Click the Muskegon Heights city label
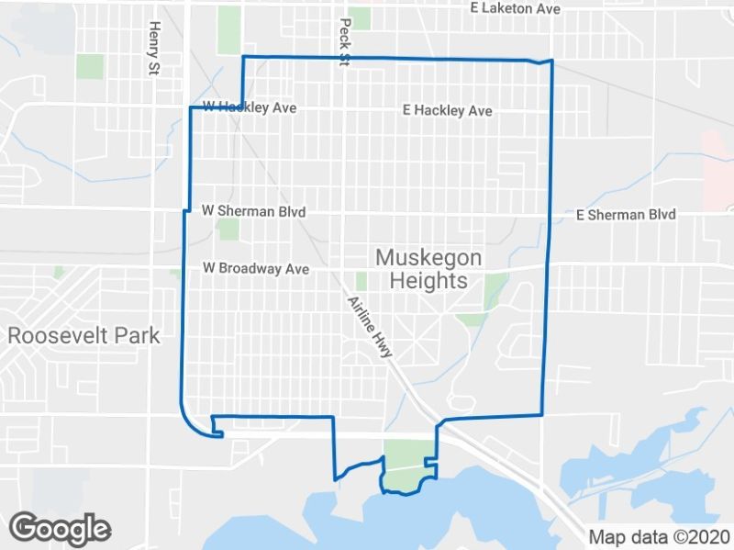click(428, 268)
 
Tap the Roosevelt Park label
click(83, 335)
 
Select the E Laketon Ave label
click(514, 8)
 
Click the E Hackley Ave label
click(447, 111)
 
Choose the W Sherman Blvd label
click(253, 211)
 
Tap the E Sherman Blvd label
click(626, 215)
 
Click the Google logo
click(61, 529)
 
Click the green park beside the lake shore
click(406, 465)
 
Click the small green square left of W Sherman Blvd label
click(228, 229)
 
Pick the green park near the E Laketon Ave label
click(360, 18)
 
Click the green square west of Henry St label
click(90, 66)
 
